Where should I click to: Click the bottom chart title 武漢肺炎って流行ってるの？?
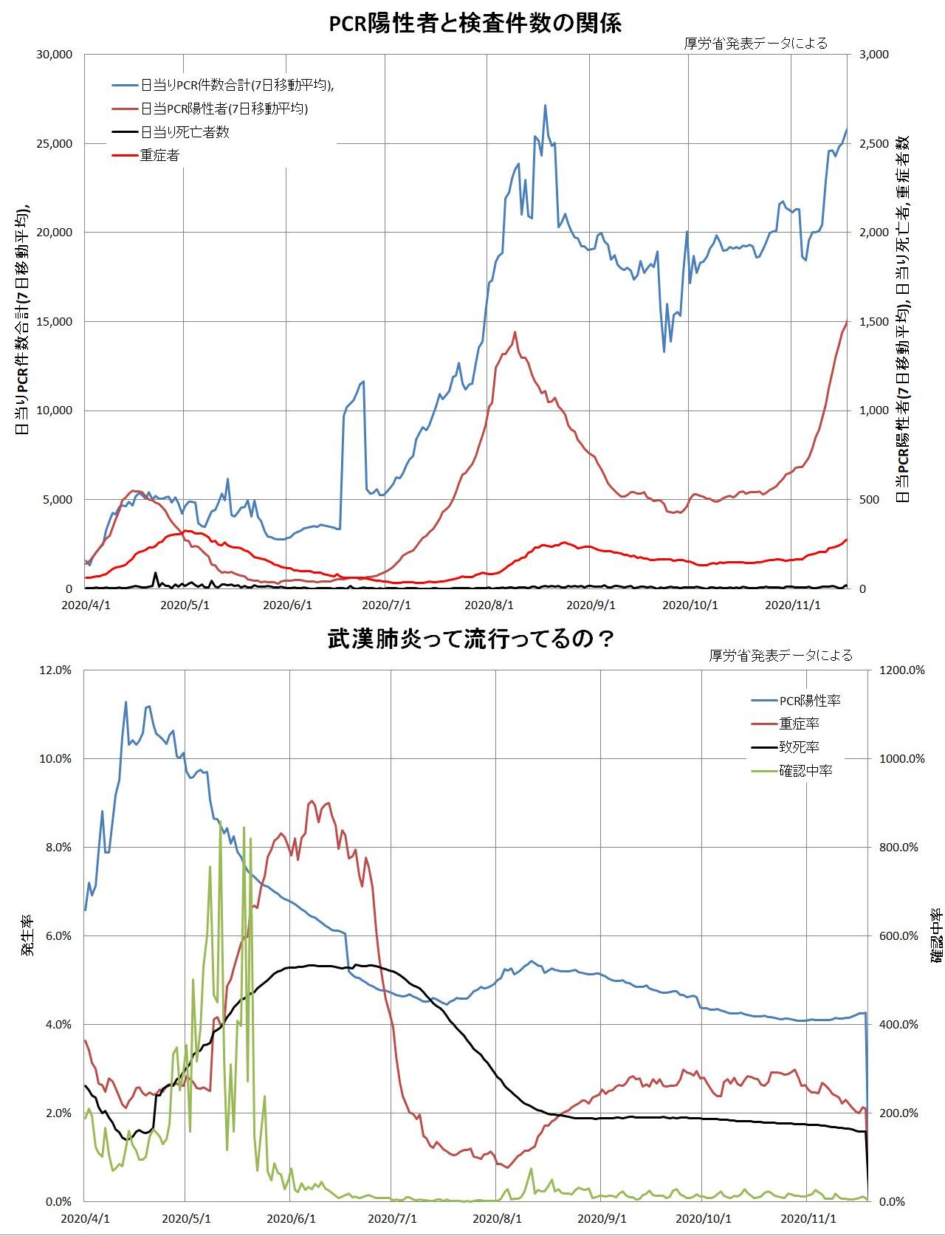[471, 639]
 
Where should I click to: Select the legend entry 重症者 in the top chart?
[159, 156]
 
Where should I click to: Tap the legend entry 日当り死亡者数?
[185, 132]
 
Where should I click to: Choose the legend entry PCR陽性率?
[809, 700]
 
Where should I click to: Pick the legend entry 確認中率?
[805, 771]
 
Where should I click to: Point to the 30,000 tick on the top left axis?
[54, 55]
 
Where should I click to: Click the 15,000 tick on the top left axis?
[54, 322]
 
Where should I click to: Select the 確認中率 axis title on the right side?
[935, 935]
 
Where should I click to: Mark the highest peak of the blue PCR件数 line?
[545, 106]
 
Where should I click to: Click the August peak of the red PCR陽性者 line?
[515, 332]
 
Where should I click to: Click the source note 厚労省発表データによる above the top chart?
[756, 43]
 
